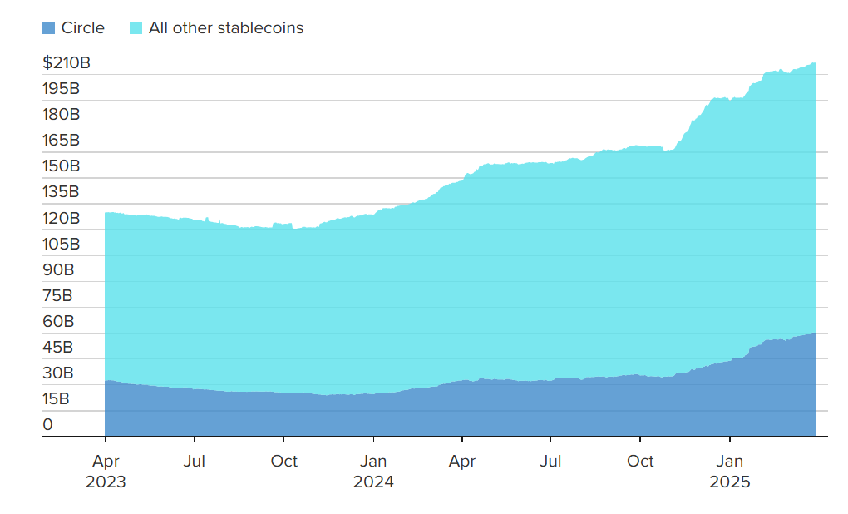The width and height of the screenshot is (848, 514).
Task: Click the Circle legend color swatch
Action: (x=48, y=28)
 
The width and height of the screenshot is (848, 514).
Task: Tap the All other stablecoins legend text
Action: (x=226, y=28)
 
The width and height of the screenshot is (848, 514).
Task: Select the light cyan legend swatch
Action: (x=136, y=28)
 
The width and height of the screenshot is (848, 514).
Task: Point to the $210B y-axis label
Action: (x=67, y=62)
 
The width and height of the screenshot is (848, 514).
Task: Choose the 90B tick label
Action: (x=58, y=269)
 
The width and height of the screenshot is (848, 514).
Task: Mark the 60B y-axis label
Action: (x=58, y=321)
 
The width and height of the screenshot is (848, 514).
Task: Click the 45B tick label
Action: (x=58, y=347)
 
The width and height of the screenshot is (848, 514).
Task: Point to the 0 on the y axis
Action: (x=48, y=424)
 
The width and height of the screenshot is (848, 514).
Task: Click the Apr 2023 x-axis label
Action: (x=106, y=471)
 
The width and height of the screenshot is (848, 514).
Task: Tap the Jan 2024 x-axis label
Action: (x=373, y=471)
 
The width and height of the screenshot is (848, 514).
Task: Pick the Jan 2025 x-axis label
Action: (x=729, y=471)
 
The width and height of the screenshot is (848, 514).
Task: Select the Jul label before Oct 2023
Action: (x=195, y=461)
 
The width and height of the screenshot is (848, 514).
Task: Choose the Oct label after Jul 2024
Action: (x=640, y=461)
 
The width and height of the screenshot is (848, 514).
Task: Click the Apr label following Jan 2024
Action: (x=462, y=461)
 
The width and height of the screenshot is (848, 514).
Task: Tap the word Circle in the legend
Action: (x=83, y=28)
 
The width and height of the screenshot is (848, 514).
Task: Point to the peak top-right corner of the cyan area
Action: (x=813, y=64)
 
